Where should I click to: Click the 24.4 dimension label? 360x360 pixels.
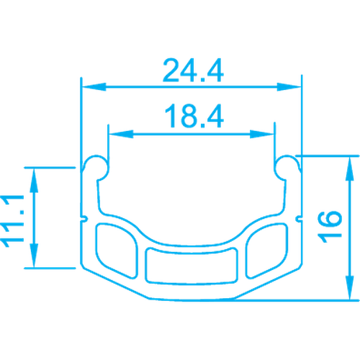[x=193, y=71]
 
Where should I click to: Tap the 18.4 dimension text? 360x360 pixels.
[x=194, y=116]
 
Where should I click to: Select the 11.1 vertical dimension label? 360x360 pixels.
[x=12, y=221]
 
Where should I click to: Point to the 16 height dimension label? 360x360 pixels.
[x=330, y=227]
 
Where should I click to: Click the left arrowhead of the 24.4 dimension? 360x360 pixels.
[x=94, y=87]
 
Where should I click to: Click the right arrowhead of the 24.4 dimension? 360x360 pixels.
[x=289, y=87]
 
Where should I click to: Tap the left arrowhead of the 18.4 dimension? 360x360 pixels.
[x=121, y=134]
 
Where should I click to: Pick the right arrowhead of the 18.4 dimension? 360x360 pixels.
[x=262, y=134]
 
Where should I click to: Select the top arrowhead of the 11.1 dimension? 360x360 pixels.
[x=34, y=180]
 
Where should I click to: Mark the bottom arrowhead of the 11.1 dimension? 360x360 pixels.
[x=34, y=256]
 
